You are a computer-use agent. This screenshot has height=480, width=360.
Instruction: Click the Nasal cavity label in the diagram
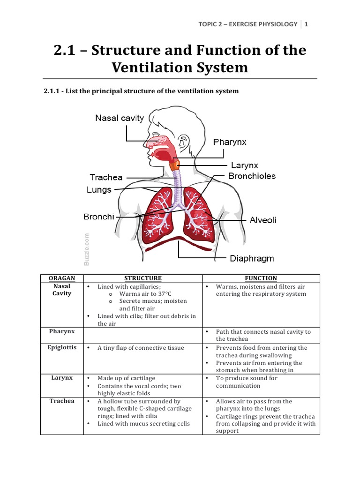coord(120,118)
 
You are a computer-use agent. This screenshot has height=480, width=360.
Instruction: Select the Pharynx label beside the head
coord(230,142)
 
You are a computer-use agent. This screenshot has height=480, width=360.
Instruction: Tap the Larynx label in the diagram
coord(244,165)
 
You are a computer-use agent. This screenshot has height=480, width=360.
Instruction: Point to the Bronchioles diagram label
coord(252,176)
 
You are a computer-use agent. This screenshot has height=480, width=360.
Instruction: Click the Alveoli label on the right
coord(263,220)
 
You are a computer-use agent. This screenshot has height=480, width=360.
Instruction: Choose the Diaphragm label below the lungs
coord(252,258)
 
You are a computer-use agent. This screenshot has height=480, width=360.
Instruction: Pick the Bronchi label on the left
coord(99,217)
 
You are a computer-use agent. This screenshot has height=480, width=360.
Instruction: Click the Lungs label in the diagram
coord(99,190)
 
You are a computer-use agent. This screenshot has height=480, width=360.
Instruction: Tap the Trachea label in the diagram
coord(106,177)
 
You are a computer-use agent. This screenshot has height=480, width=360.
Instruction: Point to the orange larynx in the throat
coord(175,165)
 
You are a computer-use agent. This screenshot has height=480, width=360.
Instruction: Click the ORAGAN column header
coord(62,278)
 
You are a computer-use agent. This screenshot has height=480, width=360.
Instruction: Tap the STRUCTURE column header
coord(142,278)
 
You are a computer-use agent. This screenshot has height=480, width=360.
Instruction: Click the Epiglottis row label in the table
coord(62,348)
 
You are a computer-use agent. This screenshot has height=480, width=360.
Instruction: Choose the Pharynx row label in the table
coord(62,331)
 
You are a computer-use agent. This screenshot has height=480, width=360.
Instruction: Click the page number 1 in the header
coord(306,24)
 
